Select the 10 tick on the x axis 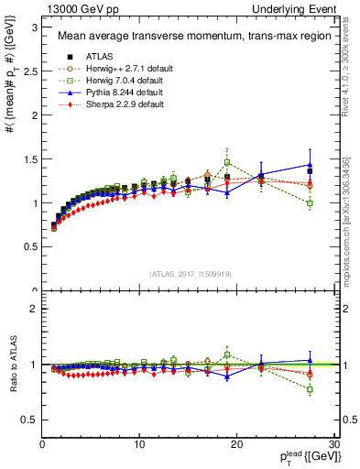(139, 443)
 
